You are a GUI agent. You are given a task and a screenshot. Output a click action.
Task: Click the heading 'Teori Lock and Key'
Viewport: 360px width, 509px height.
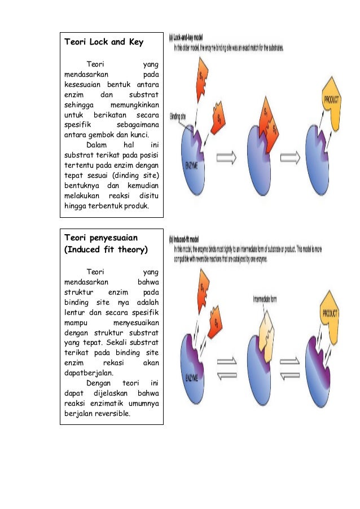104,42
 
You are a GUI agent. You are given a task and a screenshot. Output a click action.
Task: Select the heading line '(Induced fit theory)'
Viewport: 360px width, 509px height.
107,249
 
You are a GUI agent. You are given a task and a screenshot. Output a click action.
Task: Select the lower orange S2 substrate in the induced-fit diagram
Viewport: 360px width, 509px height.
217,324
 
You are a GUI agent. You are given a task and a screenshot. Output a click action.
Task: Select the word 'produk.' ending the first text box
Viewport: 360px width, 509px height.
137,205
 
